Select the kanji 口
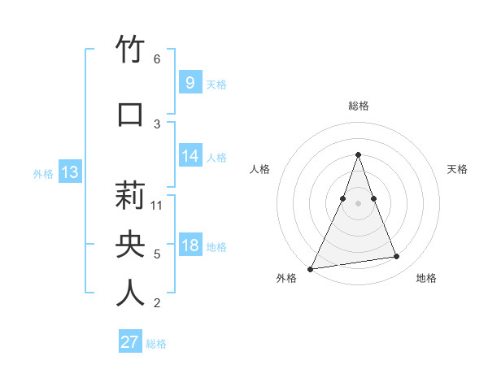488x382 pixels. pyautogui.click(x=130, y=115)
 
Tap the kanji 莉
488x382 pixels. pyautogui.click(x=130, y=195)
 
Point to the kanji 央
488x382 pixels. pyautogui.click(x=130, y=244)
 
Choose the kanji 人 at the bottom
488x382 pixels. pyautogui.click(x=130, y=293)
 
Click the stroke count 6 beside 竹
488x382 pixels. pyautogui.click(x=157, y=59)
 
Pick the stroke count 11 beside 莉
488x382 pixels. pyautogui.click(x=158, y=205)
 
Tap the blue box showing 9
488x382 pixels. pyautogui.click(x=190, y=82)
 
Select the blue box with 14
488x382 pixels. pyautogui.click(x=190, y=156)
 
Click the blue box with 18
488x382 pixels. pyautogui.click(x=190, y=245)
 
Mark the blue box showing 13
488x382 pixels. pyautogui.click(x=70, y=172)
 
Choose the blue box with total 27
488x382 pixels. pyautogui.click(x=130, y=342)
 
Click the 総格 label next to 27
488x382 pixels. pyautogui.click(x=156, y=344)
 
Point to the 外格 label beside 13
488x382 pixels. pyautogui.click(x=43, y=173)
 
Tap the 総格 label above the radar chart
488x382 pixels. pyautogui.click(x=358, y=106)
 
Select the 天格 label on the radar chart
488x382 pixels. pyautogui.click(x=457, y=169)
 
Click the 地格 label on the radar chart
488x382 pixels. pyautogui.click(x=426, y=278)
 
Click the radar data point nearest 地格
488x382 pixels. pyautogui.click(x=397, y=257)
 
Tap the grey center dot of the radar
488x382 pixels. pyautogui.click(x=358, y=203)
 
